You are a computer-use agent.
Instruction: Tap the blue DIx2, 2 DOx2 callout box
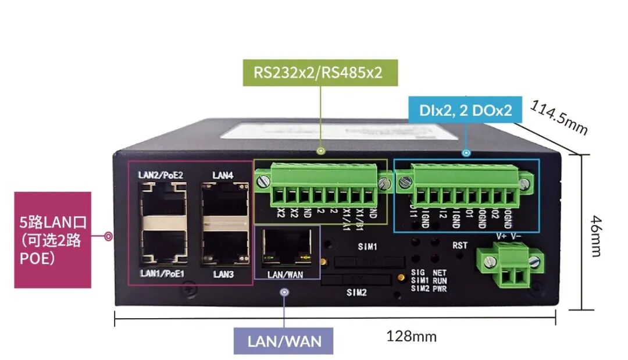coord(465,109)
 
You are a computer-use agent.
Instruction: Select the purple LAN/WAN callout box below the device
coord(284,341)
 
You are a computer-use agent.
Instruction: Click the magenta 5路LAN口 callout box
coord(52,240)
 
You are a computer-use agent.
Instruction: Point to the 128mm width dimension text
coord(411,336)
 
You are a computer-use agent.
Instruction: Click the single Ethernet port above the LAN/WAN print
coord(286,247)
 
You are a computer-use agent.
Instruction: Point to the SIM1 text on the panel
coord(367,247)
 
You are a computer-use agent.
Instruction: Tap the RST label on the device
coord(459,245)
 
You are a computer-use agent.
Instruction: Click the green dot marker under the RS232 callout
coord(320,151)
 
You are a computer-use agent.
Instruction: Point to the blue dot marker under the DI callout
coord(465,153)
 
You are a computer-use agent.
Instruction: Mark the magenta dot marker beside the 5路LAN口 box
coord(108,237)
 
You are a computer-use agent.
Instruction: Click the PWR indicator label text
coord(440,288)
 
